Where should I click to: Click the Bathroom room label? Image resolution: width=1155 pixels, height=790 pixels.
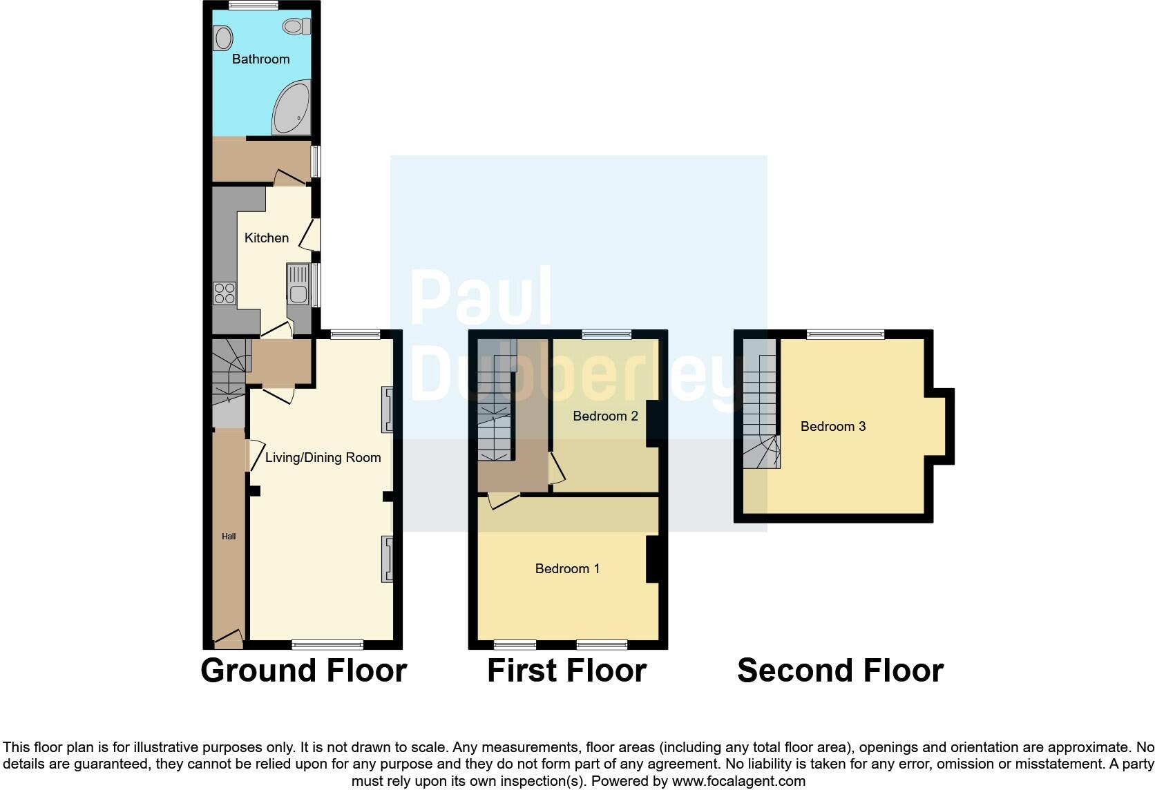pos(260,59)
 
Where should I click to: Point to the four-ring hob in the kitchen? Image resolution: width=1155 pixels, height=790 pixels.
pos(225,293)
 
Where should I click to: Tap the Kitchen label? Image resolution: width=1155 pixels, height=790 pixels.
pos(267,238)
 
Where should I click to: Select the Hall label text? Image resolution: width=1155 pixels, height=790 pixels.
pos(229,537)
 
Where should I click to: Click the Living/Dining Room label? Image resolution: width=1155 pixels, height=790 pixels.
pos(323,457)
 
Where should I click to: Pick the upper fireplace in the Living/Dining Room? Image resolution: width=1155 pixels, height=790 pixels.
pos(387,409)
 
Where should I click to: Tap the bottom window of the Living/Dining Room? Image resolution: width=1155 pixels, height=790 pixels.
pos(327,645)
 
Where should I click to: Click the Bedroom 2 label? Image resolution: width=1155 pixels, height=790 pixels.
pos(605,416)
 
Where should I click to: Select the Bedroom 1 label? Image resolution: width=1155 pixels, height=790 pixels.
pos(567,568)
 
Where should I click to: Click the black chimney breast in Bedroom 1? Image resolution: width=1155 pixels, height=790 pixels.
pos(651,559)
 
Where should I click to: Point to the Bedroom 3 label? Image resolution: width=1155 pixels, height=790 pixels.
pos(832,426)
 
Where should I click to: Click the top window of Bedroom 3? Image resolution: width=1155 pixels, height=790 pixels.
pos(846,334)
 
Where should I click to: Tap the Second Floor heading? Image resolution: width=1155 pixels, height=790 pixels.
pos(840,671)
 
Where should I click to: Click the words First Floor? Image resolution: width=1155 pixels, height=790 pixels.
pos(566,671)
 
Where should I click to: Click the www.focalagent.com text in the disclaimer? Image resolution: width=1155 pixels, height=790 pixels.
pos(738,782)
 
